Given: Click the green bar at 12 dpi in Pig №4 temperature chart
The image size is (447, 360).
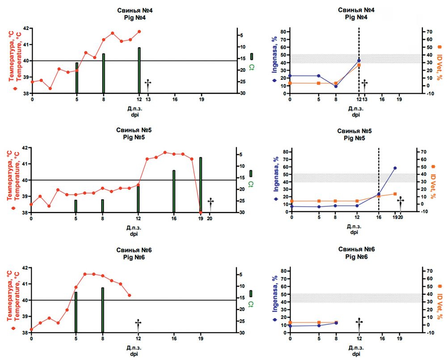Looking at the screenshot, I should pos(139,70).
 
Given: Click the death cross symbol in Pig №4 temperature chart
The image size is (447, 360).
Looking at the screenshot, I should pos(148,84).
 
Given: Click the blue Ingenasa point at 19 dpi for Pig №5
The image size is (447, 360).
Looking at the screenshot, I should pos(395,168).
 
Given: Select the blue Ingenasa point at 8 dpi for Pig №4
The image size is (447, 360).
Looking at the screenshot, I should pos(336,86).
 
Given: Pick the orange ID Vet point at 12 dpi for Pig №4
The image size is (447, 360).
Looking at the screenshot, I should pos(359,65).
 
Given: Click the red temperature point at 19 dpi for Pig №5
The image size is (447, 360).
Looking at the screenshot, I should pos(201,212).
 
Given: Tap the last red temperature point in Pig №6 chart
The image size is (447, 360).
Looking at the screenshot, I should pos(130,295).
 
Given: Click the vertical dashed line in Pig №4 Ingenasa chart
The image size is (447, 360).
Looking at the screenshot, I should pos(359,45).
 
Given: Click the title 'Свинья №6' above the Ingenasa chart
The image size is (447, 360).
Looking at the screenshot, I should pos(356,250).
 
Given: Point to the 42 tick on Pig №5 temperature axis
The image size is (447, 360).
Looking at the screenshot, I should pos(24,148).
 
